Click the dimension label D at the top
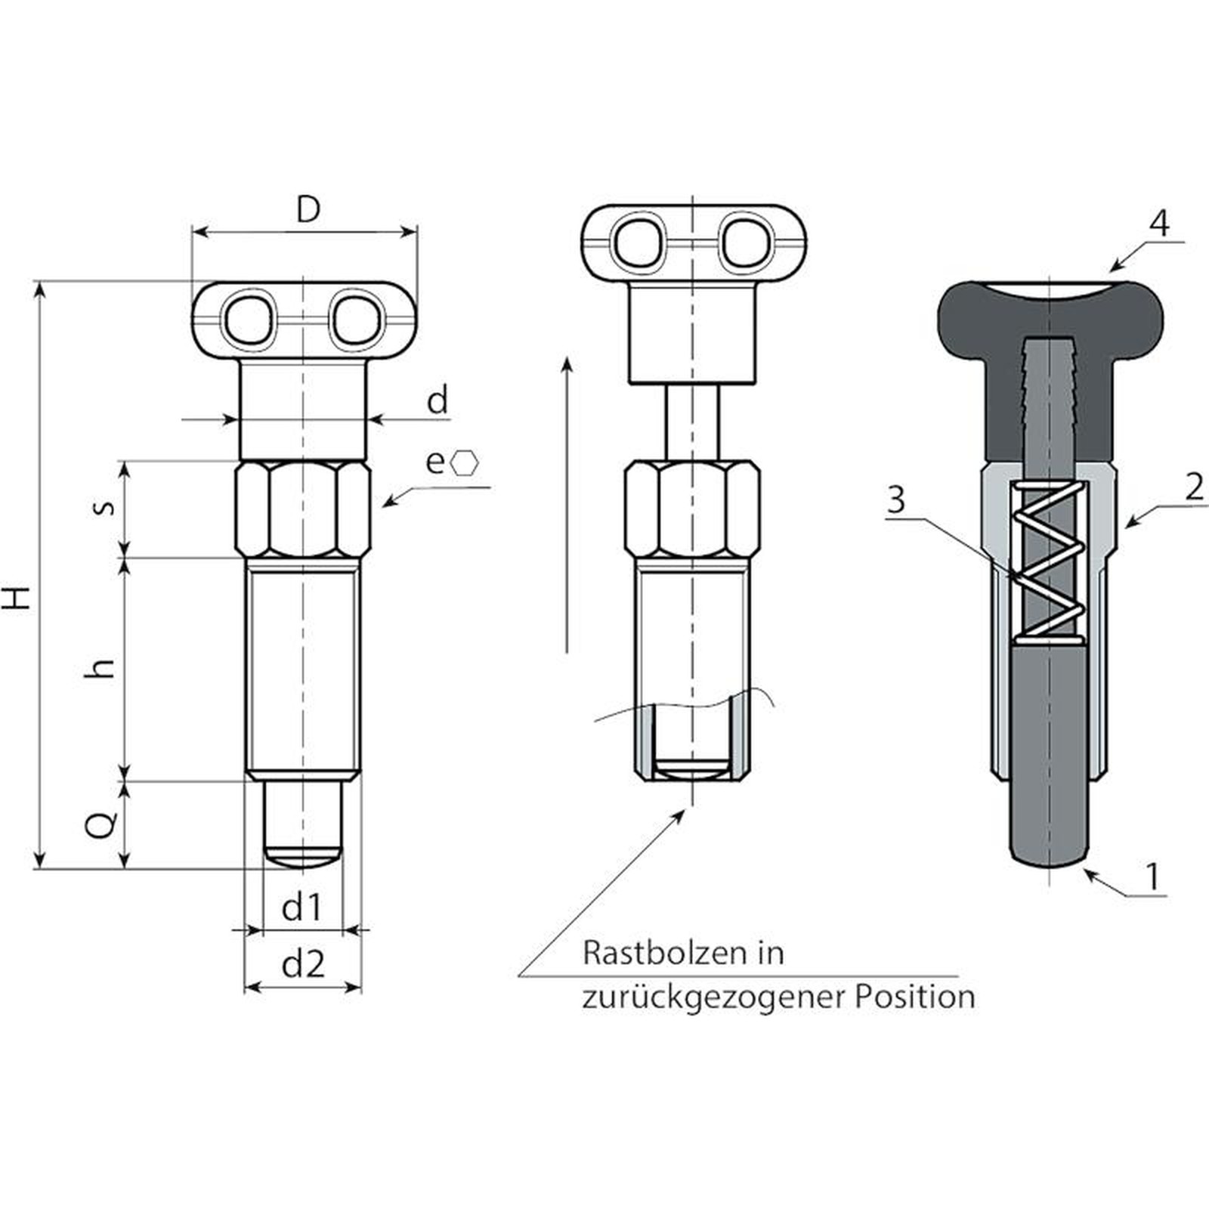click(x=308, y=209)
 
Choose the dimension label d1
click(x=302, y=907)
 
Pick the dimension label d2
click(x=303, y=964)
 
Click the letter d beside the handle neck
click(x=438, y=400)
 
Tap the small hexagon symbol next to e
click(x=465, y=463)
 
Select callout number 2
click(x=1194, y=487)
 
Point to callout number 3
click(x=896, y=500)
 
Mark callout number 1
click(x=1152, y=877)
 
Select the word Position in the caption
click(x=914, y=997)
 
